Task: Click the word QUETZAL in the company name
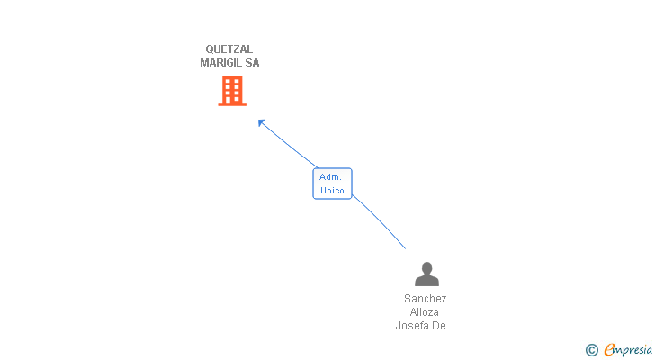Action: [x=229, y=49]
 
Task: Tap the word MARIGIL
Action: [x=220, y=63]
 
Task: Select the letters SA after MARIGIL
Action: [x=251, y=63]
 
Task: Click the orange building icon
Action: [x=232, y=90]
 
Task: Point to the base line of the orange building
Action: [x=232, y=104]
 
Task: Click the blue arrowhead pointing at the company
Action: [x=262, y=122]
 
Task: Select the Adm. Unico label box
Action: [x=332, y=184]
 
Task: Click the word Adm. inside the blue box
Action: [x=331, y=177]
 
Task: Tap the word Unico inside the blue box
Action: [x=332, y=191]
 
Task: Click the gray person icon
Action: [x=426, y=274]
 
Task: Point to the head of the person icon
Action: [x=426, y=267]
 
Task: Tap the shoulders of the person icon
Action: [x=426, y=281]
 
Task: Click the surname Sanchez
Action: [x=426, y=299]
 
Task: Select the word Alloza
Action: [x=426, y=312]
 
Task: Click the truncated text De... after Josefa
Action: [x=444, y=326]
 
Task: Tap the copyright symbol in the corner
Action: [x=591, y=350]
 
